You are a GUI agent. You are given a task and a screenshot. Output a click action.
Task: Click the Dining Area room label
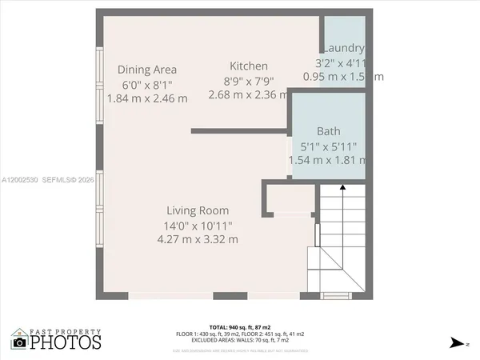[x=147, y=70]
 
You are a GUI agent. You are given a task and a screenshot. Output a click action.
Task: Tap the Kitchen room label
[x=249, y=66]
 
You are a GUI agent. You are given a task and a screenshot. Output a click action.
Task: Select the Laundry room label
[x=345, y=48]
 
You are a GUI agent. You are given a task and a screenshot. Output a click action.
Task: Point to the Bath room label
[x=328, y=131]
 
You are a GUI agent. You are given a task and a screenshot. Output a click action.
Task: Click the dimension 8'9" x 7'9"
[x=249, y=80]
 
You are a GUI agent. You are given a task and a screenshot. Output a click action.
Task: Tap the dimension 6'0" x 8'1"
[x=147, y=84]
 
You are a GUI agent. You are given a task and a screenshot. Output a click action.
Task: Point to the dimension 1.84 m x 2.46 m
[x=147, y=98]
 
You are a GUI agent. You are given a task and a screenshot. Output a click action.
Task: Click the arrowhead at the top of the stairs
[x=342, y=186]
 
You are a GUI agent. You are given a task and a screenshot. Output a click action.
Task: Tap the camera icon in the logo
[x=19, y=342]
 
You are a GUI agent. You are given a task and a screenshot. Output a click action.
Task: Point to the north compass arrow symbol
[x=457, y=342]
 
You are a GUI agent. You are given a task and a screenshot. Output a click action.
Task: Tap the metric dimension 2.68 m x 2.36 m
[x=249, y=94]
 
